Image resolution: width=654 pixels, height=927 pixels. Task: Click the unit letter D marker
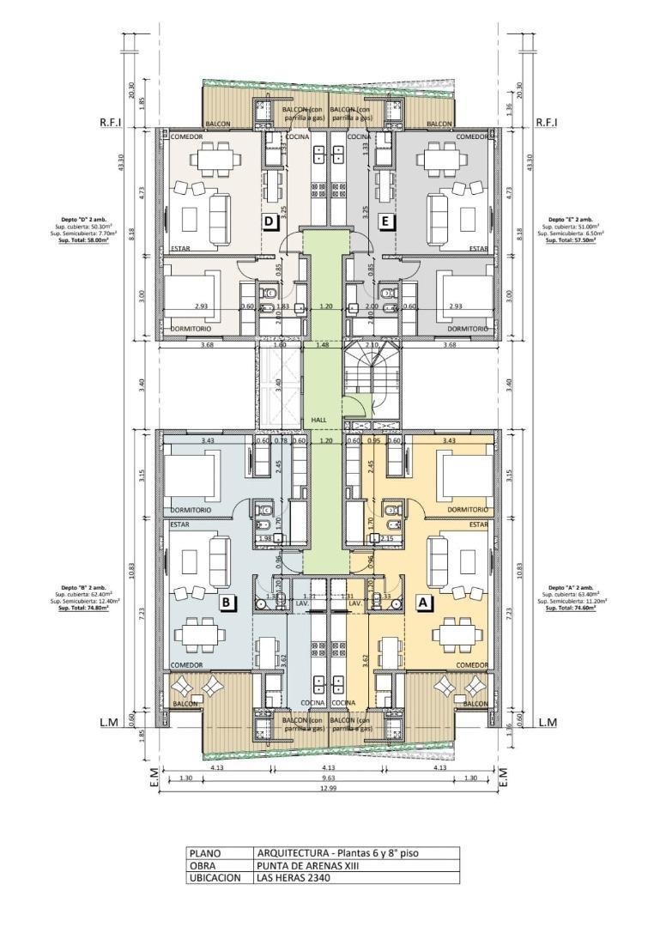(269, 221)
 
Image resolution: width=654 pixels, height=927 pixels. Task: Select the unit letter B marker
(226, 603)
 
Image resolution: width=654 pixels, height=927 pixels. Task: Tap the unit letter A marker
(423, 603)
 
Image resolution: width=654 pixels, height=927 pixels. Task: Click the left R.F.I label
(112, 124)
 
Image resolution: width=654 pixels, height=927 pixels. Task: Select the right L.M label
(548, 723)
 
